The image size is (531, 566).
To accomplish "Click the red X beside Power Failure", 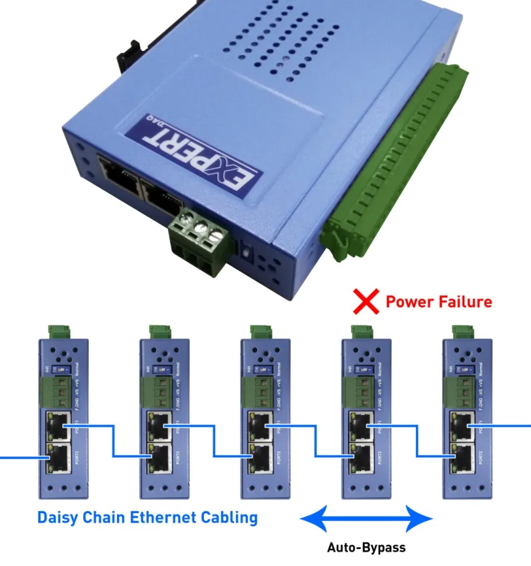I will point(365,302).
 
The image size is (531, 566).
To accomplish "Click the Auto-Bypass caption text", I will point(366,547).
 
